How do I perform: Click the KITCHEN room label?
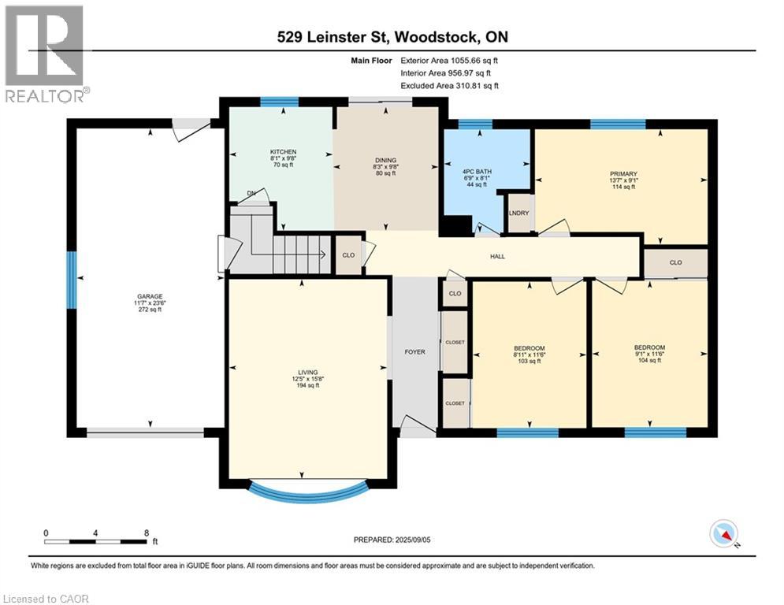[x=283, y=152]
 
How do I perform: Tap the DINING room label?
[x=385, y=161]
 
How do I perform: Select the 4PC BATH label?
[x=477, y=172]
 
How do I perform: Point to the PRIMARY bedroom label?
[x=623, y=174]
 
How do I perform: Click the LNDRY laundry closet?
[x=519, y=213]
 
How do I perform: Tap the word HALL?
[x=497, y=257]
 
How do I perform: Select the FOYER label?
[x=415, y=352]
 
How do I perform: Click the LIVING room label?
[x=308, y=373]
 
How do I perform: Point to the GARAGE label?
[x=150, y=296]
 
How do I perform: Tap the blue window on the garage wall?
[x=72, y=280]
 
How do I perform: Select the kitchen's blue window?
[x=280, y=102]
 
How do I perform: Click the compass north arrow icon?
[x=724, y=535]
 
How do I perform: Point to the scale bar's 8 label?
[x=147, y=533]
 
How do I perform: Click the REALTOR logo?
[x=45, y=54]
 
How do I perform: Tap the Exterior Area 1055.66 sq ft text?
[x=449, y=61]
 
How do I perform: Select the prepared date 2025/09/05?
[x=413, y=540]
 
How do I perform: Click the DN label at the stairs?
[x=251, y=194]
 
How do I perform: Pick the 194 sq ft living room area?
[x=308, y=385]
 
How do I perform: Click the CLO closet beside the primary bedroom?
[x=675, y=262]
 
